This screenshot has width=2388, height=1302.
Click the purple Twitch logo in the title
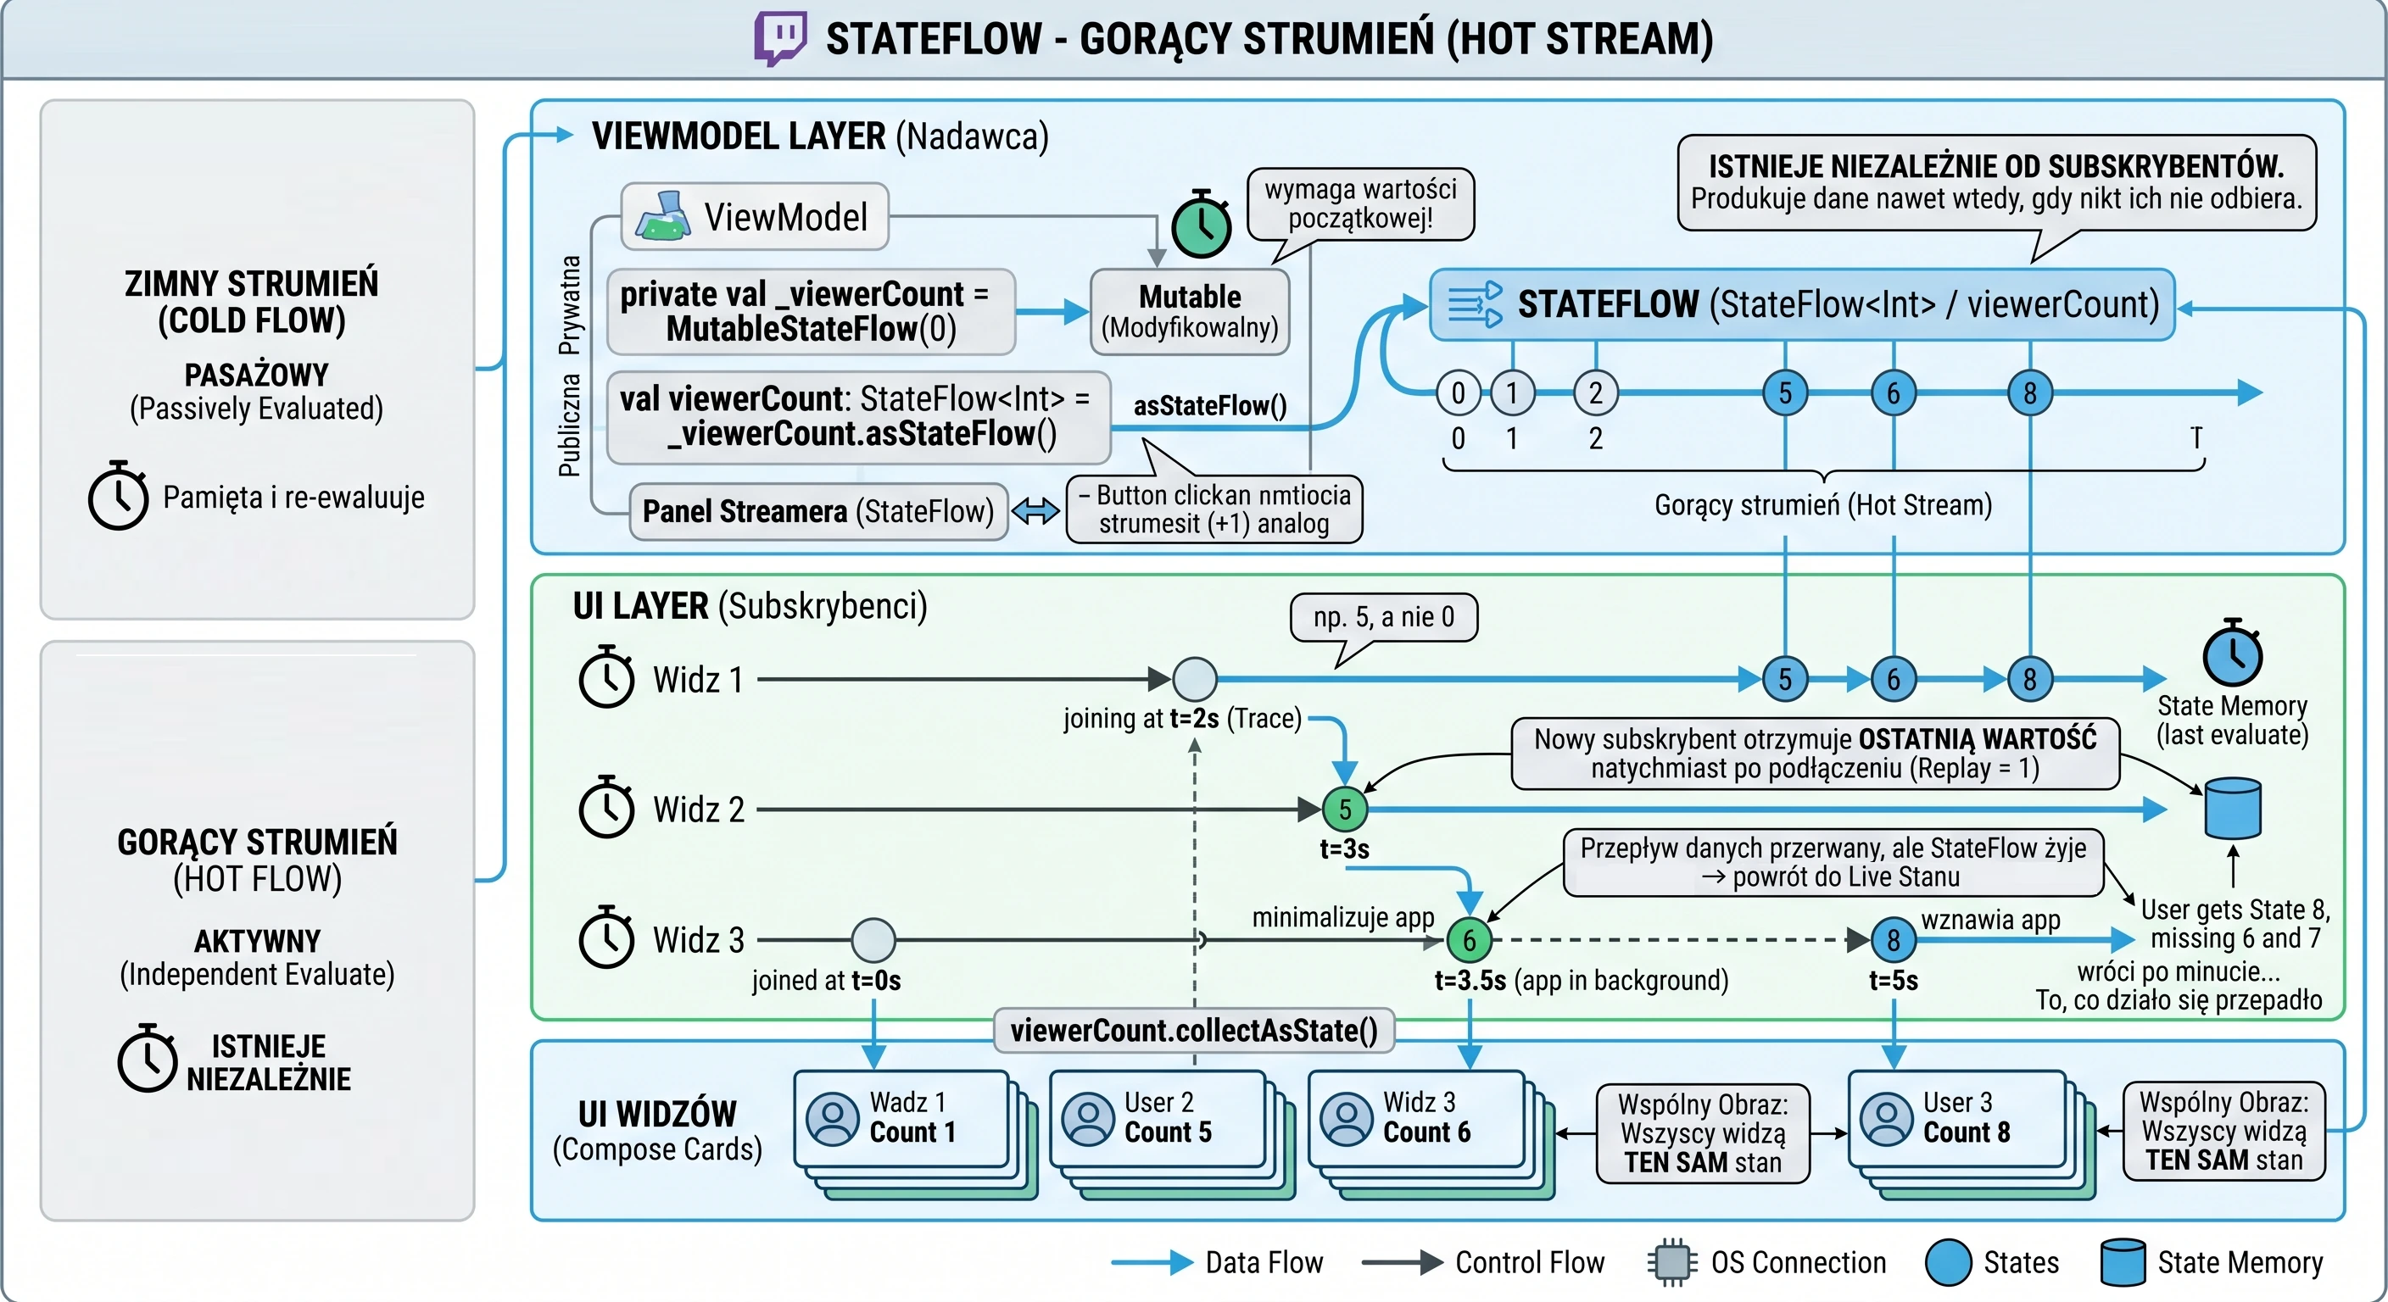click(x=779, y=38)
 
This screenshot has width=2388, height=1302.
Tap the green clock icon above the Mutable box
click(x=1202, y=225)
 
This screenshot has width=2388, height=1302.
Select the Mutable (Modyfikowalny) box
click(x=1191, y=311)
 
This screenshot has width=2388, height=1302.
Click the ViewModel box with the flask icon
click(x=755, y=217)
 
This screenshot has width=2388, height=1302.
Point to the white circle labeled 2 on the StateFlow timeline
click(x=1595, y=393)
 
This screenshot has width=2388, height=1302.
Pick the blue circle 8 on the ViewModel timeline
click(x=2030, y=393)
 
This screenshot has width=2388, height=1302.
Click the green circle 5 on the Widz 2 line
click(x=1344, y=809)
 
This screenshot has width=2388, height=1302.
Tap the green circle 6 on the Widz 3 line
click(x=1470, y=940)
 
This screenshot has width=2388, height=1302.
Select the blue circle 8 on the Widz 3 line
click(x=1893, y=940)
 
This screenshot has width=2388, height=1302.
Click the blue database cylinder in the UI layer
click(x=2232, y=808)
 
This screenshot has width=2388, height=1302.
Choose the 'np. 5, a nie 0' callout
click(x=1383, y=618)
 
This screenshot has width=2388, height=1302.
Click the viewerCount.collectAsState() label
click(x=1194, y=1031)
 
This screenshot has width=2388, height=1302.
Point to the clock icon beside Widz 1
click(x=606, y=676)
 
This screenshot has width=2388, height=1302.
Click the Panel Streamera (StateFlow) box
click(x=818, y=511)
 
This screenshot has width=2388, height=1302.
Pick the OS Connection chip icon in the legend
click(x=1672, y=1262)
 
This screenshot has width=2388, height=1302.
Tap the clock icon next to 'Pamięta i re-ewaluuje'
click(x=118, y=495)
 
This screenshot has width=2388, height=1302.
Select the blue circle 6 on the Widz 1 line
click(x=1893, y=679)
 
